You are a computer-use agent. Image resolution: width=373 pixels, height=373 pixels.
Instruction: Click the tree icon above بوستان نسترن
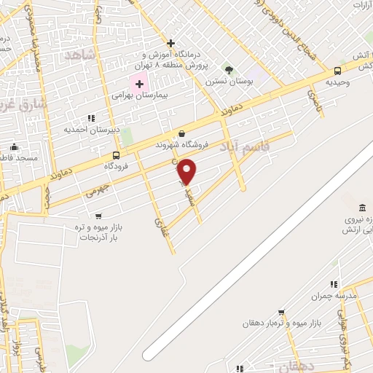[229, 70]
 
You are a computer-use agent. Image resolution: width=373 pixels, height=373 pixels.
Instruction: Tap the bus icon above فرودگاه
[116, 155]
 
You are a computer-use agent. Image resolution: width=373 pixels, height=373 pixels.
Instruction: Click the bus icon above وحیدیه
[337, 71]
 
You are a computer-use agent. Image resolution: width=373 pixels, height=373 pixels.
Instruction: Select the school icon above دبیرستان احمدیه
[91, 118]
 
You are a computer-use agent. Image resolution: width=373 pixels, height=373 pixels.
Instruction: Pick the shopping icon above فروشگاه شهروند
[181, 133]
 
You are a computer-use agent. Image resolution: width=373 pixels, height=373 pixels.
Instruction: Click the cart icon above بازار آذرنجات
[98, 216]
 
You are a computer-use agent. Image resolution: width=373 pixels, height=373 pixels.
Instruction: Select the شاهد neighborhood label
[80, 55]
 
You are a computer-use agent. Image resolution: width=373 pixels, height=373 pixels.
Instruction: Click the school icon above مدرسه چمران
[334, 284]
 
